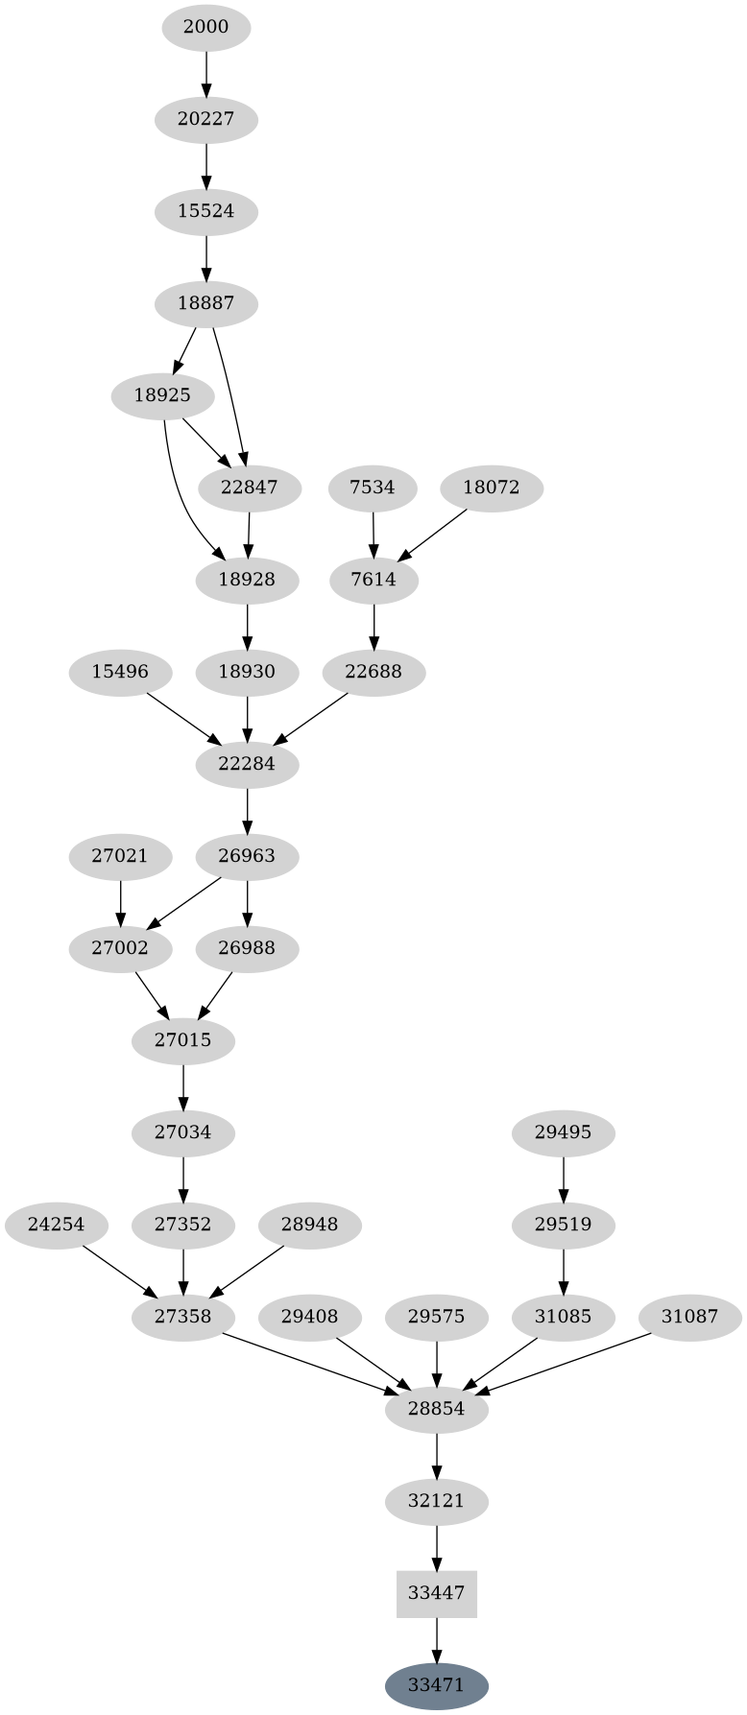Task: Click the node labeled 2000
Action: (206, 27)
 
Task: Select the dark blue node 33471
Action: (437, 1685)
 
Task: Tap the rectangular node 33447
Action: (437, 1593)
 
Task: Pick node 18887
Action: (206, 303)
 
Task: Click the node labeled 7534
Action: (373, 488)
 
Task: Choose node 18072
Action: (492, 488)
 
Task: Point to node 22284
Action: (248, 764)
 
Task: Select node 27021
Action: (120, 856)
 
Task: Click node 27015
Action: (183, 1040)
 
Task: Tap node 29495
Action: (564, 1132)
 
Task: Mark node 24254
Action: (56, 1225)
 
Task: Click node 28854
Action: (437, 1409)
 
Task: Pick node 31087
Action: (689, 1317)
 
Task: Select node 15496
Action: (120, 672)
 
